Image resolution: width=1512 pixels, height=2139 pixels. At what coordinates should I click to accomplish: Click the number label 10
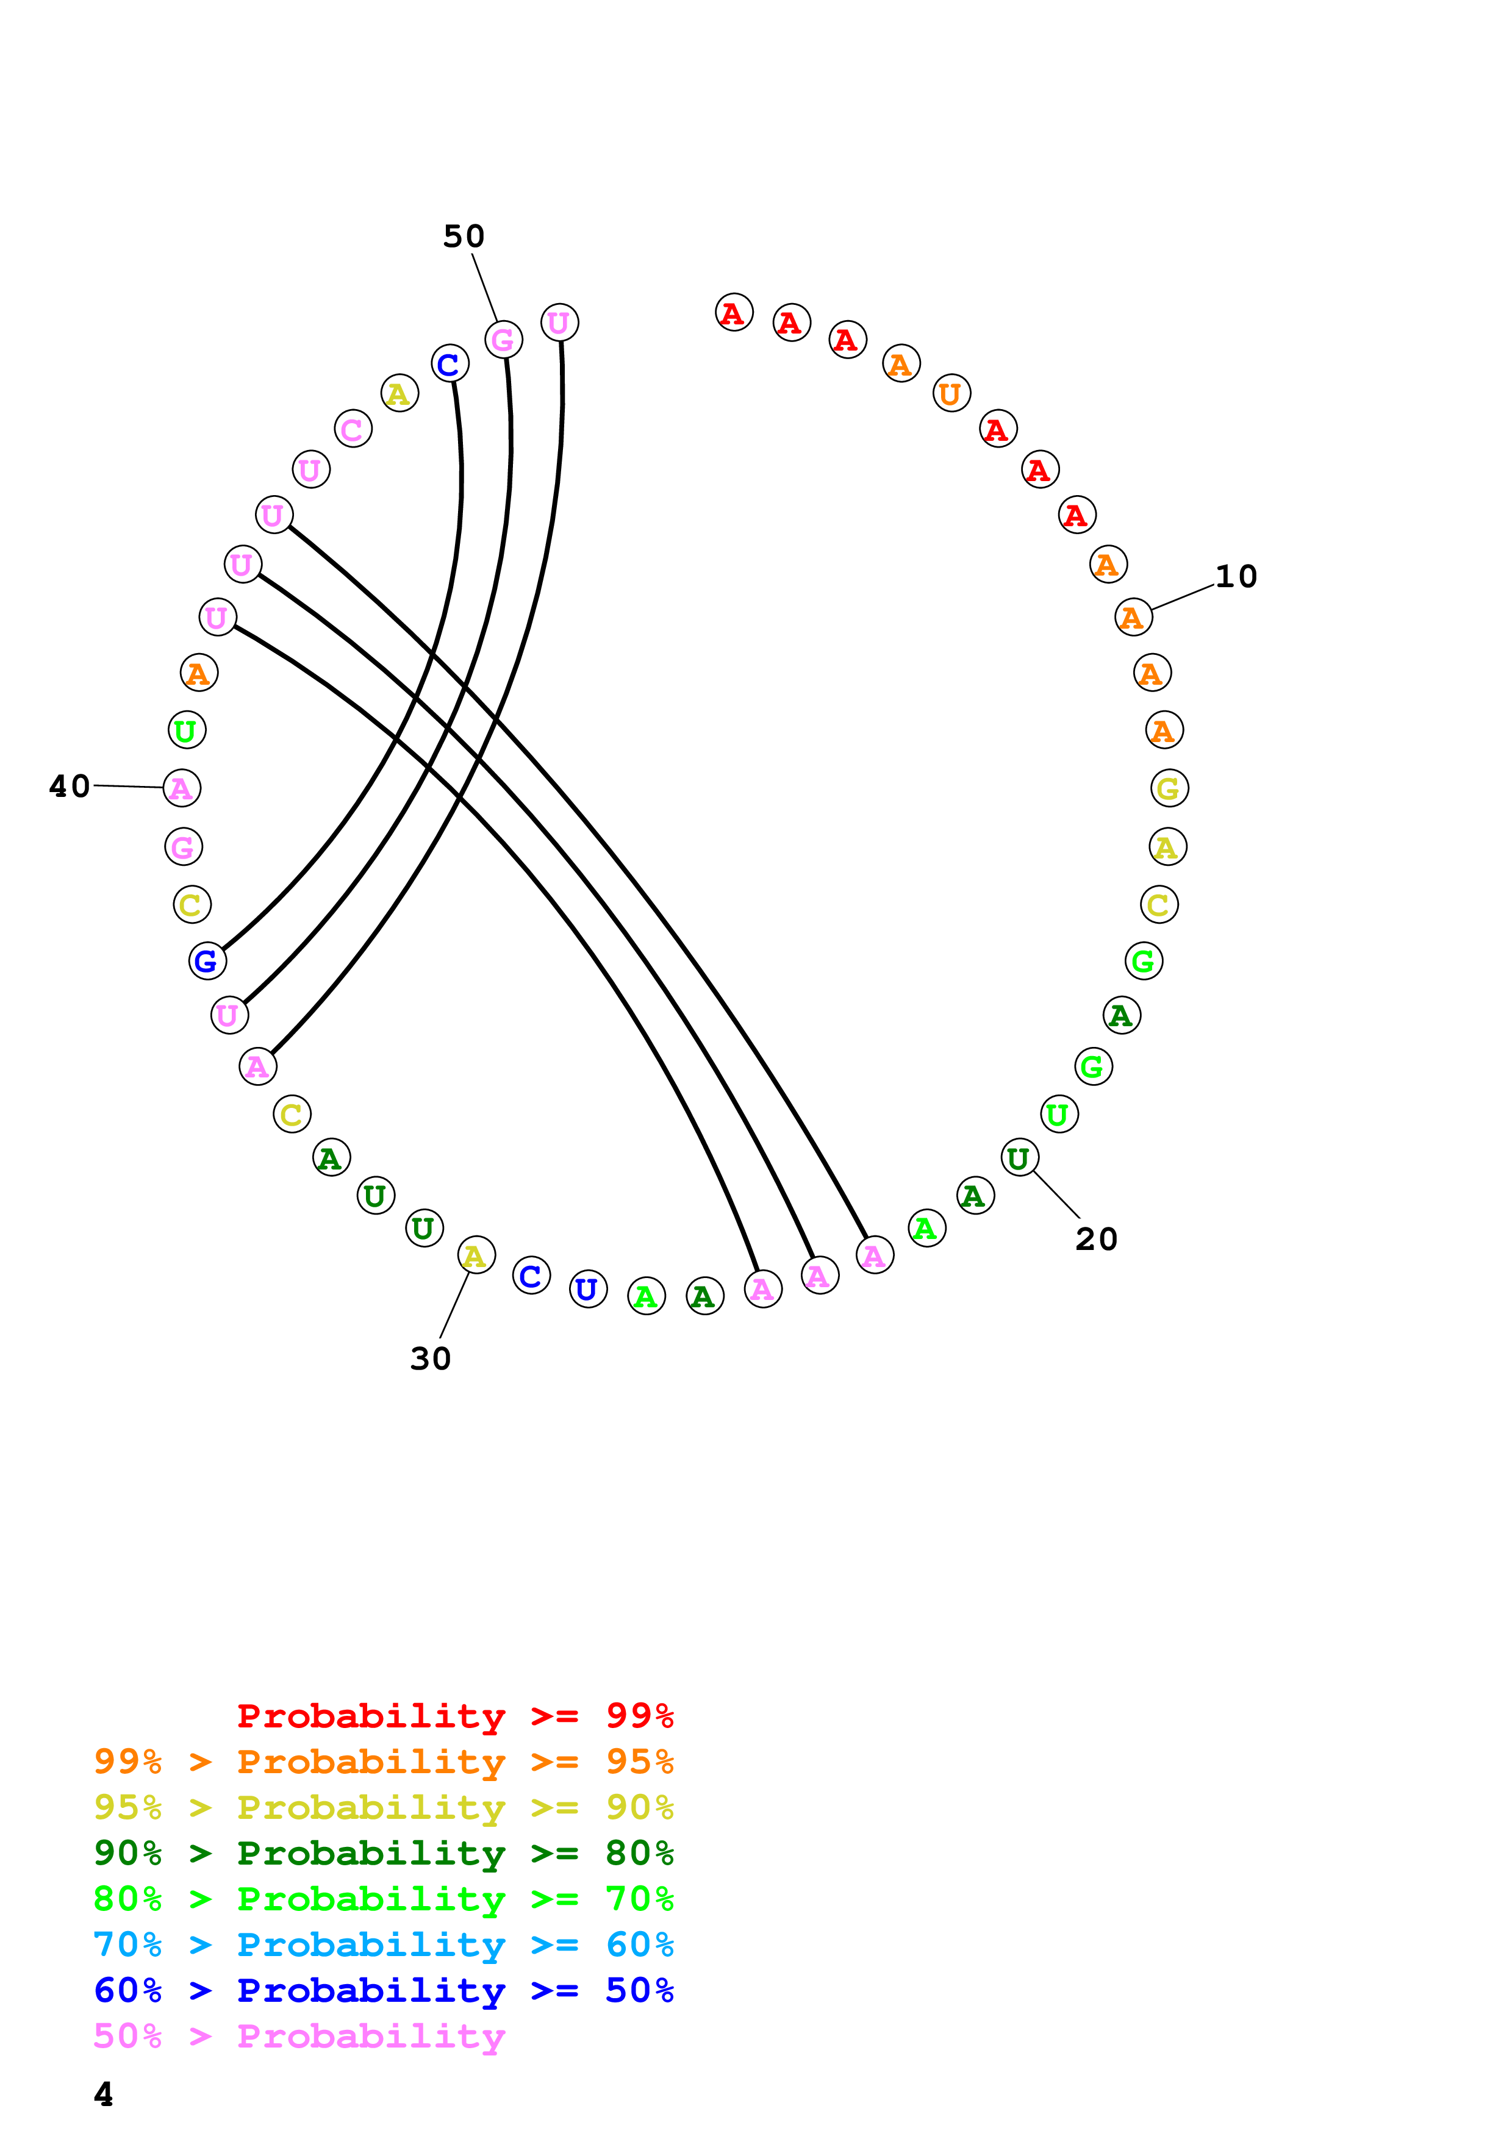click(1236, 577)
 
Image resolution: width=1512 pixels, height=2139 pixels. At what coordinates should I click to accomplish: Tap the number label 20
click(1095, 1239)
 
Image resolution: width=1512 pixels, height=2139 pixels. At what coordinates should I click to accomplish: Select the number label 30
click(431, 1359)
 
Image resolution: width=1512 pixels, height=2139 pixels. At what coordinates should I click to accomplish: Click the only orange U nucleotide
click(951, 393)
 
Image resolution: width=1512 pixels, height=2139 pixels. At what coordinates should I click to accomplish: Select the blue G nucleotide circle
click(207, 960)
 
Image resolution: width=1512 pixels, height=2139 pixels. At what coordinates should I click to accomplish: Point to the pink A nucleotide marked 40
click(182, 788)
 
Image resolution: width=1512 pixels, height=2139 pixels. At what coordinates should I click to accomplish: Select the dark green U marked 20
click(1019, 1158)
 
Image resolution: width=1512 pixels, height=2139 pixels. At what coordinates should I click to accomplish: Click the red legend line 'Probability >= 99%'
click(454, 1716)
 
